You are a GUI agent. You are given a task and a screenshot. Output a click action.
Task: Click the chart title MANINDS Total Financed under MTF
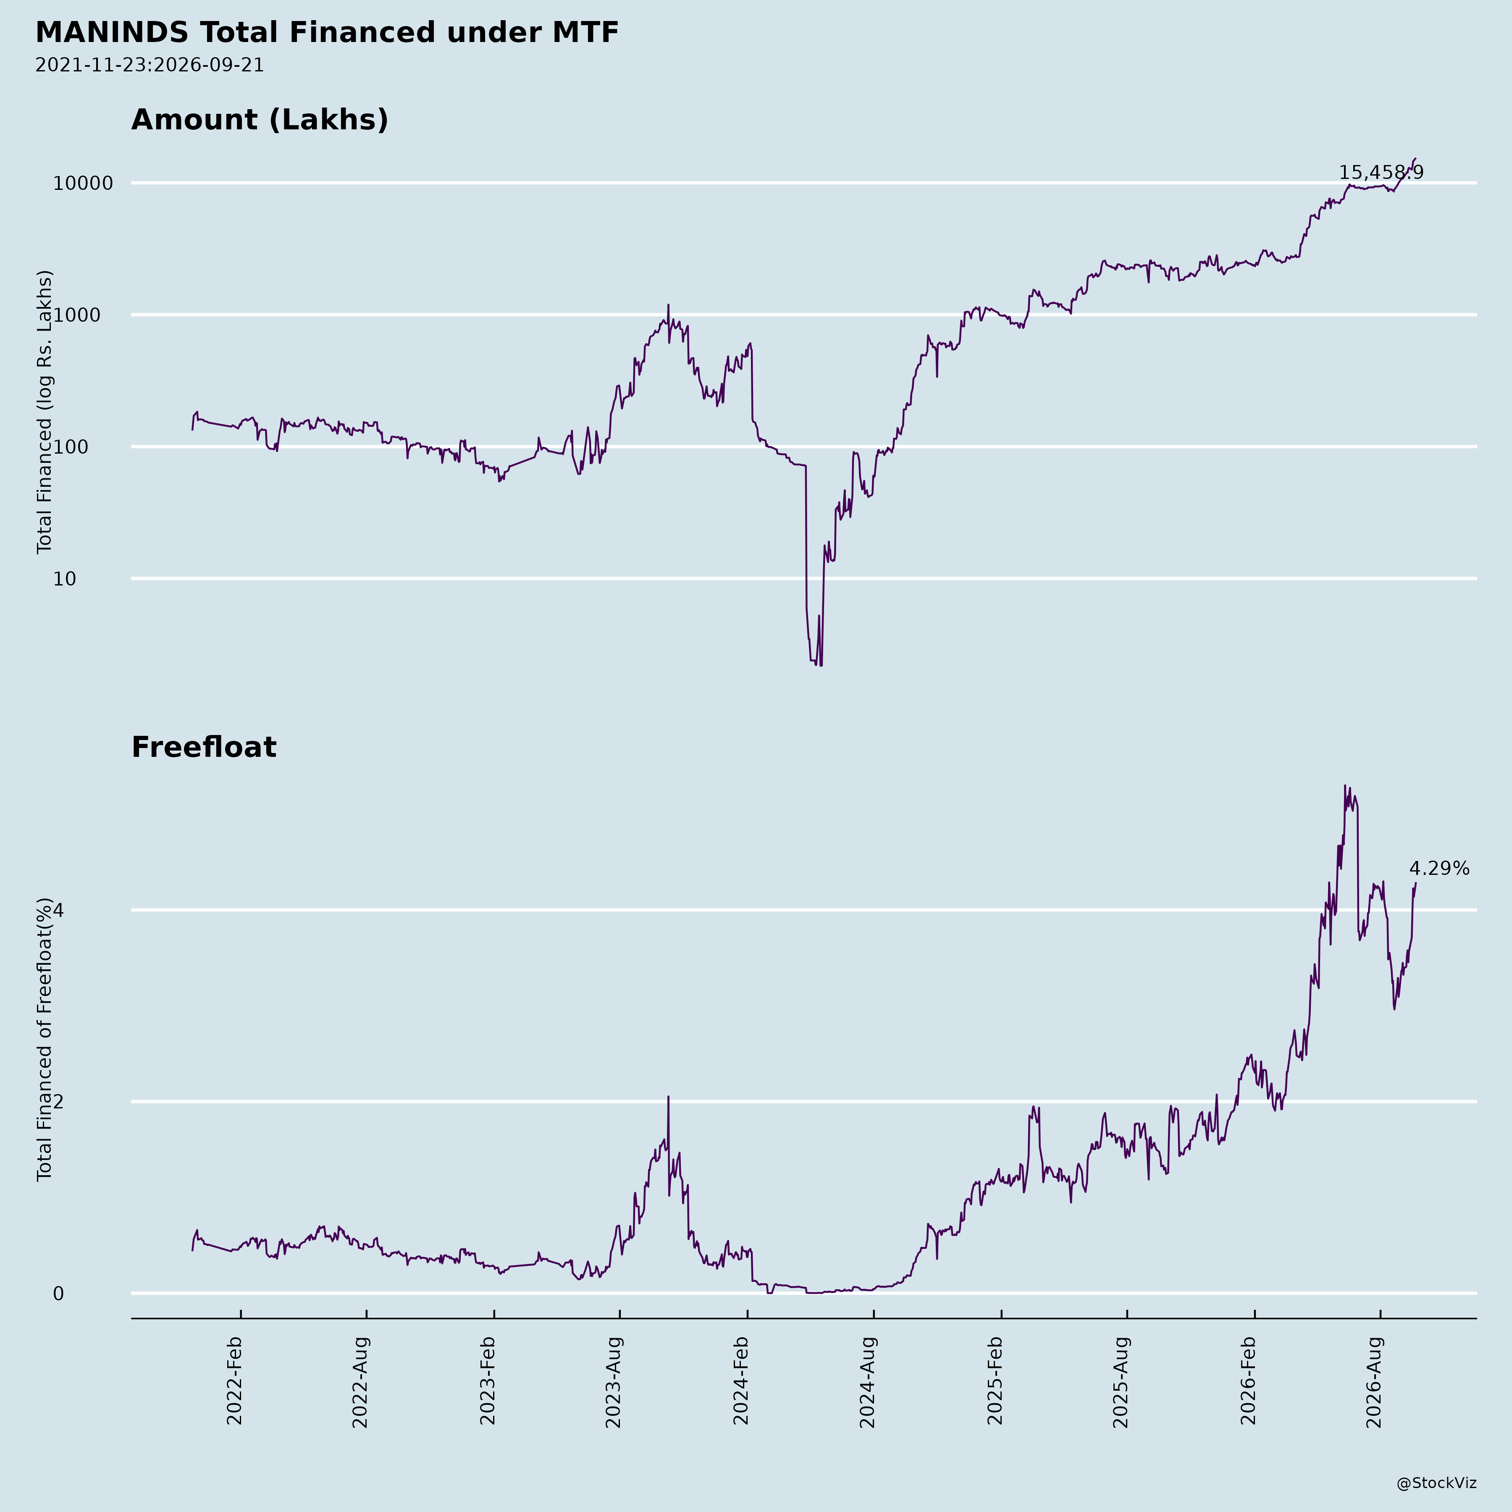pos(327,33)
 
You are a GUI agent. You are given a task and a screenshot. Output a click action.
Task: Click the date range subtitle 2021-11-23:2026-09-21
pos(150,65)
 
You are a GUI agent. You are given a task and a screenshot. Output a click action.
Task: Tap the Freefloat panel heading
pos(203,748)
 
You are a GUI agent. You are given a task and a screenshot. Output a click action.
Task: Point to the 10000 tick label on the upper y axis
pos(83,184)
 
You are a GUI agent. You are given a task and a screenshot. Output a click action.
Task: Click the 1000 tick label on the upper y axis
pos(89,315)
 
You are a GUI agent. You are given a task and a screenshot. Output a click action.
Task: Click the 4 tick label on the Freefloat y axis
pos(58,910)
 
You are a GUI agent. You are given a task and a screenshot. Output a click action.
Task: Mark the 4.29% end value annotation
pos(1439,869)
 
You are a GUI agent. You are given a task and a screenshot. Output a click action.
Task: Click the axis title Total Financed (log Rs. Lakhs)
pos(45,412)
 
